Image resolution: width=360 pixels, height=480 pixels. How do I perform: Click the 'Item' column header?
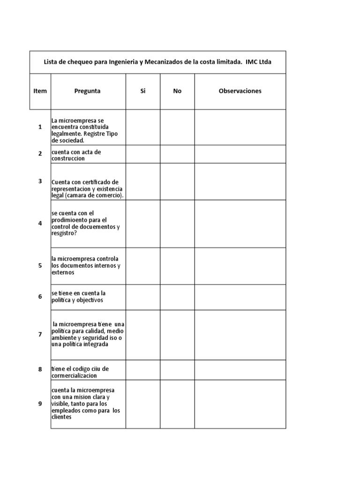tap(40, 91)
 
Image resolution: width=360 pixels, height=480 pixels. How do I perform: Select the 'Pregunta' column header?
tap(88, 91)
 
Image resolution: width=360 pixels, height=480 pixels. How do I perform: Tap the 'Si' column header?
tap(143, 91)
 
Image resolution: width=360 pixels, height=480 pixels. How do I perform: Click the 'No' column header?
tap(177, 91)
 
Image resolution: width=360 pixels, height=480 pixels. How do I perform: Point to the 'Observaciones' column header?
tap(240, 91)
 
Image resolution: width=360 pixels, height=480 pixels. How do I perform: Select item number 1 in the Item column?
tap(40, 127)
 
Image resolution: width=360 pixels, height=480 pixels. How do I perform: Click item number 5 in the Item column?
tap(40, 266)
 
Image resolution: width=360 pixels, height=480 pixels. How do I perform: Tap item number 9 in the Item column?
tap(40, 404)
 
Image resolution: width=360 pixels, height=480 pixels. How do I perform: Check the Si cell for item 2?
tap(143, 154)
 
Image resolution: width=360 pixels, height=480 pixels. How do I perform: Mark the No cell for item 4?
tap(177, 224)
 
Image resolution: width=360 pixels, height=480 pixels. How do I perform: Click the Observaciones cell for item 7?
tap(240, 335)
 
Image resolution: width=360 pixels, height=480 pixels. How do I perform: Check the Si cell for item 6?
tap(143, 297)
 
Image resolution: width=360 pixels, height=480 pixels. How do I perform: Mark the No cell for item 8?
tap(177, 370)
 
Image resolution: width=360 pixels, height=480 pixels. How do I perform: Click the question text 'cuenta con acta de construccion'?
tap(76, 155)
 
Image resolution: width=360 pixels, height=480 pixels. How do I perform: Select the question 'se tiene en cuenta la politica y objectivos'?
tap(79, 297)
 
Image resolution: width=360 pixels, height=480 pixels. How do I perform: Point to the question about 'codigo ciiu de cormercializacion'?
tap(81, 372)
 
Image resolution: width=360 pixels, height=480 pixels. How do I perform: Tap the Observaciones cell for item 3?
tap(240, 181)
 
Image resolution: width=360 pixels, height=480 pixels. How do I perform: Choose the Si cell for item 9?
tap(143, 404)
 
